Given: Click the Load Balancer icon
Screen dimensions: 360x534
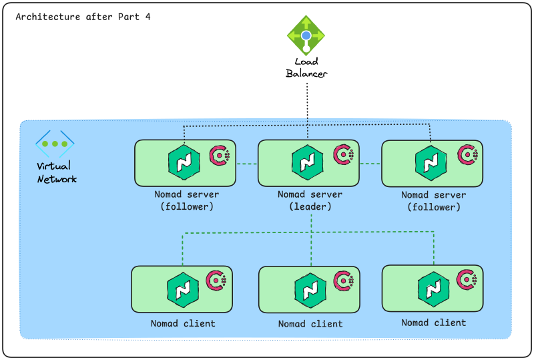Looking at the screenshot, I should coord(306,35).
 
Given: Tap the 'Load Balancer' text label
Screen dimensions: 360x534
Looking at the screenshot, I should coord(306,67).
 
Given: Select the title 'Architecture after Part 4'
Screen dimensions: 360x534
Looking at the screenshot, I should coord(83,17).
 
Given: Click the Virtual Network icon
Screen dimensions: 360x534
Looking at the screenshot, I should coord(55,144).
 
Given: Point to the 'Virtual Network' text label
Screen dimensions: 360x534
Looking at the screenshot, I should coord(57,172).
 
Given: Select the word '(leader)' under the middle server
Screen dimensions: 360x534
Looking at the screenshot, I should coord(310,206).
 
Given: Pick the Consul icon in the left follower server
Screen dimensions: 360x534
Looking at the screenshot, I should coord(220,156).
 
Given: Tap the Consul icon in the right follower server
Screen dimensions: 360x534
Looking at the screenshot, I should coord(467,155).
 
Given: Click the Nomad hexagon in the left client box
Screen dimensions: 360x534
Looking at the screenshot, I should coord(181,289).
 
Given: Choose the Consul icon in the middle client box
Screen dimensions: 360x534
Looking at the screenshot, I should coord(347,281).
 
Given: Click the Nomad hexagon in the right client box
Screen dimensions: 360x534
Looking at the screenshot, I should coord(431,288).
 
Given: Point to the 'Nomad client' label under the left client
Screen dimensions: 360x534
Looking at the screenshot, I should coord(183,323).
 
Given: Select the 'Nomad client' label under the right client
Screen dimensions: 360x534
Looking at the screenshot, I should coord(433,323).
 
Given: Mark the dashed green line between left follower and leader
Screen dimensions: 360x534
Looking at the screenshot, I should coord(247,164).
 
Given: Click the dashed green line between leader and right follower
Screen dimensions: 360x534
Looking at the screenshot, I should coord(370,164).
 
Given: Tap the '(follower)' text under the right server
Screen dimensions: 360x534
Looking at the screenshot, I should coord(433,207).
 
